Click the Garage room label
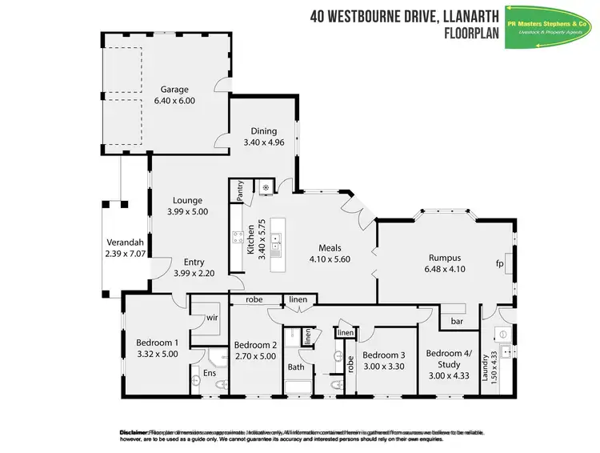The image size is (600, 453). point(174,90)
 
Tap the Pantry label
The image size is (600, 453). point(239,190)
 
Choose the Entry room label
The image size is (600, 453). point(194,262)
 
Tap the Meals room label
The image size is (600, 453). point(330,247)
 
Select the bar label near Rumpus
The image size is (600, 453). point(458,321)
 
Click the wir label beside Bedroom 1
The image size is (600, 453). point(212,317)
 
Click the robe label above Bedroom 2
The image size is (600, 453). point(255,299)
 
